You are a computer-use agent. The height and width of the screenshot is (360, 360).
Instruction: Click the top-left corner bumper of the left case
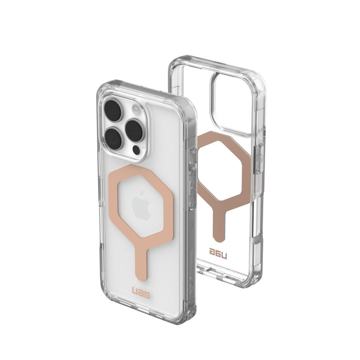[x=104, y=85]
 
